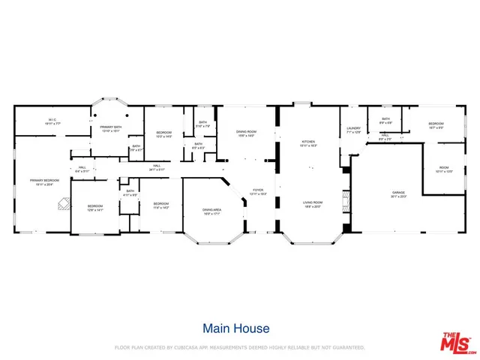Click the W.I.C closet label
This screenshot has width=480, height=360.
coord(52,120)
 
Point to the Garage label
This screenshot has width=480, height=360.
coord(397,195)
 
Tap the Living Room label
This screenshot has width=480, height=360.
coord(313,204)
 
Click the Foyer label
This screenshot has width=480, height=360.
coord(257,191)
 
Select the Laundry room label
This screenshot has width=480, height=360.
coord(354,130)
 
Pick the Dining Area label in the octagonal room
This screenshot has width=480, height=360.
coord(212,211)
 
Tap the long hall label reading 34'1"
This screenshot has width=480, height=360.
coord(157,167)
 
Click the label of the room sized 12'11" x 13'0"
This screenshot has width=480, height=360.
coord(443,169)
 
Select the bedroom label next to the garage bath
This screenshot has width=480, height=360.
coord(436,124)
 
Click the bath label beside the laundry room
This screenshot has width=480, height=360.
coord(385,121)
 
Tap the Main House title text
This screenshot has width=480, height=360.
coord(236,328)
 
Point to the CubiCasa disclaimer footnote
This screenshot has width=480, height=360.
coord(239,348)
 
